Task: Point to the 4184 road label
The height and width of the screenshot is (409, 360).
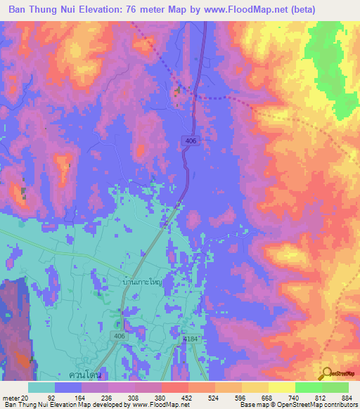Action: pos(190,339)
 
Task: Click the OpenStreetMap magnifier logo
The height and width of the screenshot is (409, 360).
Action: pos(327,373)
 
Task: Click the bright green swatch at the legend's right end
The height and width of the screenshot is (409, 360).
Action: pos(335,387)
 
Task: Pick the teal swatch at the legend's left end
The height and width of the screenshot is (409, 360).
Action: pos(41,387)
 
